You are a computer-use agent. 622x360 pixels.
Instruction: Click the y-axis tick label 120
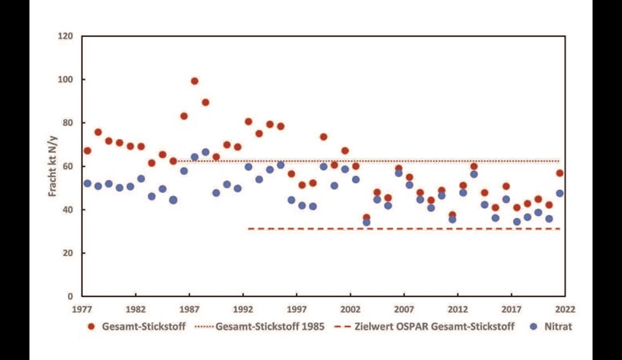(65, 37)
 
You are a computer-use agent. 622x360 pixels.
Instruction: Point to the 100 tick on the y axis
(65, 80)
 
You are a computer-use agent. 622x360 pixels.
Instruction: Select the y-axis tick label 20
(68, 254)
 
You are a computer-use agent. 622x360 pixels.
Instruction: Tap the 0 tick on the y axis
(70, 297)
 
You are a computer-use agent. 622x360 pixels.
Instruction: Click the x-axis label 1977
(82, 310)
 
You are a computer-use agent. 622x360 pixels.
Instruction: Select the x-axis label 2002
(350, 310)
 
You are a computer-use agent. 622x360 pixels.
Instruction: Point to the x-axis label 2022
(565, 310)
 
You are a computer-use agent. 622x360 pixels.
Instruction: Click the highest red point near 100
(195, 81)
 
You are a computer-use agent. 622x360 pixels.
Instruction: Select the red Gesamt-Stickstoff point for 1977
(88, 151)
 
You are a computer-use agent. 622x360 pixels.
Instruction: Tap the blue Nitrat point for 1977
(88, 183)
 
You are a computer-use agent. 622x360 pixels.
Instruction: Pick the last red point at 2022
(560, 173)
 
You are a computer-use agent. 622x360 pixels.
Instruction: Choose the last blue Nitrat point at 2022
(560, 194)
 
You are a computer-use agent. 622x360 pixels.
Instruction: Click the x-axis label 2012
(457, 310)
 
